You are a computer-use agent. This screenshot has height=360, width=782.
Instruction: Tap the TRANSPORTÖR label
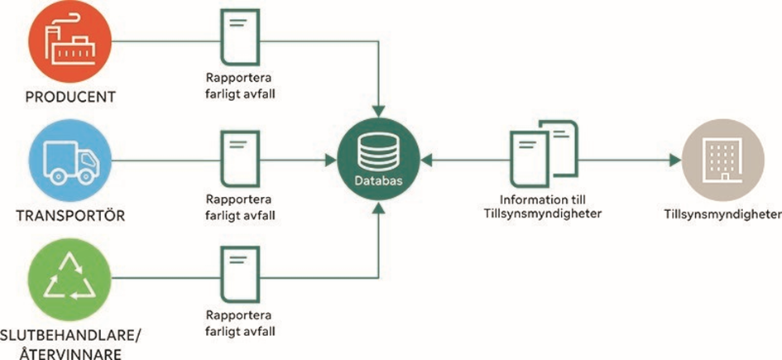(70, 218)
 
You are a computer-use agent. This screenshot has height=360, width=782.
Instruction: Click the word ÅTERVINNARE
(70, 353)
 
